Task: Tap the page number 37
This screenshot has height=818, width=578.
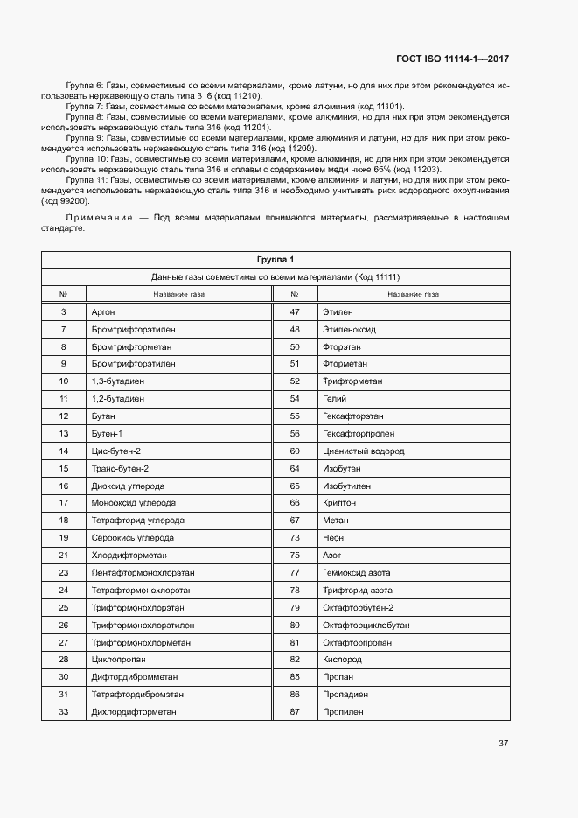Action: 503,744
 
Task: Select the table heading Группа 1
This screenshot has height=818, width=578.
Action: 275,260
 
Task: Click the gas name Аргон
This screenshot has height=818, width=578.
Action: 103,311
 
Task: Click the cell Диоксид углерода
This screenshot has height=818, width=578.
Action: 128,486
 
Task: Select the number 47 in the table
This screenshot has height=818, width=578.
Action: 295,311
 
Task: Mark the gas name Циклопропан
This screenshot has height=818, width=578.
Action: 118,659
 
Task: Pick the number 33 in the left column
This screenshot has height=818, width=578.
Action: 63,711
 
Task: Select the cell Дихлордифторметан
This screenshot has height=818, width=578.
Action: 134,711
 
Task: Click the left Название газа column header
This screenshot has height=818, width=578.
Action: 178,294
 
